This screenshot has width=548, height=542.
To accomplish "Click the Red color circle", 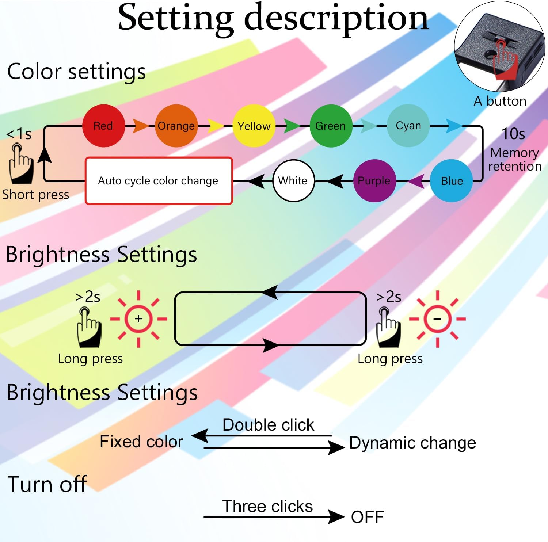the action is pos(103,126).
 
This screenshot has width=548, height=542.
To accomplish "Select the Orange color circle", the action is pos(176,126).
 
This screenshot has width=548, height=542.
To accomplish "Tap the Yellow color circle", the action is pos(254,126).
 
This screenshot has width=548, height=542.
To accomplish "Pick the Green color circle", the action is pos(331,126).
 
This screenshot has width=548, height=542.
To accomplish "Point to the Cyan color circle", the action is pos(408,126).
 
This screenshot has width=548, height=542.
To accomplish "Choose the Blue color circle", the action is pos(452,181).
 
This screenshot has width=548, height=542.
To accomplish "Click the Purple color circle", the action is pos(374,181).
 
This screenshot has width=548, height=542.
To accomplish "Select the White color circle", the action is pos(293,181).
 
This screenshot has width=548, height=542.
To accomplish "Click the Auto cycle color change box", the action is pos(159,181).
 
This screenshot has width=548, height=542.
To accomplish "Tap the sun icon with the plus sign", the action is pos(138,319).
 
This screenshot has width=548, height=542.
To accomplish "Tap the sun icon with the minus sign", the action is pos(437,319).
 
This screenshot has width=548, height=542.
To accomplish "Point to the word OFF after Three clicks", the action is pos(368,517).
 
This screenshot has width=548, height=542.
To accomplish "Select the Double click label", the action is pos(268,425).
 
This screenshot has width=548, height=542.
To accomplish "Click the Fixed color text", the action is pos(141,442).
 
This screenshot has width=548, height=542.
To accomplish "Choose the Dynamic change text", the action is pos(413,443).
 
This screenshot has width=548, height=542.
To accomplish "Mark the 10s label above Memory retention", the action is pos(513,134).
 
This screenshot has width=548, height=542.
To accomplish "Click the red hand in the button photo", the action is pos(505,60).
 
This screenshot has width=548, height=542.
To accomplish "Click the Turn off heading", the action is pos(47,484).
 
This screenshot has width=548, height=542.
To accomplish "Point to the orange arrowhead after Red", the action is pos(141,126).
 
